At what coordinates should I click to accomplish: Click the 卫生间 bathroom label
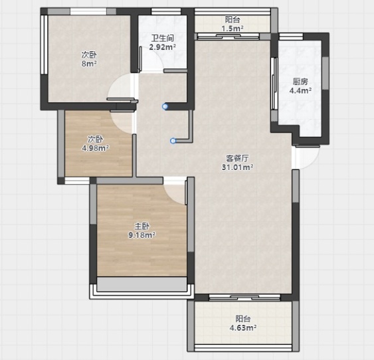[x=163, y=38]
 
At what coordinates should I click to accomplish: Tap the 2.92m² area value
[x=163, y=47]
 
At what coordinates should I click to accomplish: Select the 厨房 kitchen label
[x=300, y=82]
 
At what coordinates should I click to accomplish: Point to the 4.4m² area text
[x=300, y=90]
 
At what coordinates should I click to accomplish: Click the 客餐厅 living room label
[x=237, y=158]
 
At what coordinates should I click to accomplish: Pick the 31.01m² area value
[x=237, y=167]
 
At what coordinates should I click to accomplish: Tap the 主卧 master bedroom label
[x=142, y=226]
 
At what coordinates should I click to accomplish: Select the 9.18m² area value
[x=142, y=235]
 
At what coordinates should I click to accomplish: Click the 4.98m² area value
[x=96, y=148]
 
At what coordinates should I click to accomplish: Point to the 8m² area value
[x=89, y=64]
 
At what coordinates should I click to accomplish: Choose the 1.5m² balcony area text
[x=233, y=29]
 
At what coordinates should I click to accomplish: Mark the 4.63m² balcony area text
[x=243, y=328]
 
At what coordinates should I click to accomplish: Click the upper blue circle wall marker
[x=165, y=106]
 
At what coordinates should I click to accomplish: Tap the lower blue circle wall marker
[x=173, y=141]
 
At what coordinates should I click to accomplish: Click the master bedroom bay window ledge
[x=141, y=284]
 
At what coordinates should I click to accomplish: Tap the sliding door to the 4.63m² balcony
[x=244, y=297]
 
